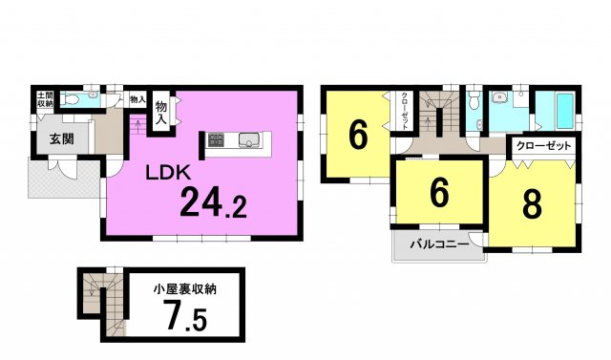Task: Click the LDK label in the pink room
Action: pos(171,173)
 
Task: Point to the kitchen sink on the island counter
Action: pos(247,142)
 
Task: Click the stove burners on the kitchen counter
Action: pos(216,142)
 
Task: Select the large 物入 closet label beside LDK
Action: pos(161,112)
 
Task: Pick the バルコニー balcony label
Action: pos(438,244)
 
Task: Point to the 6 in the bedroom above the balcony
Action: pos(438,192)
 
